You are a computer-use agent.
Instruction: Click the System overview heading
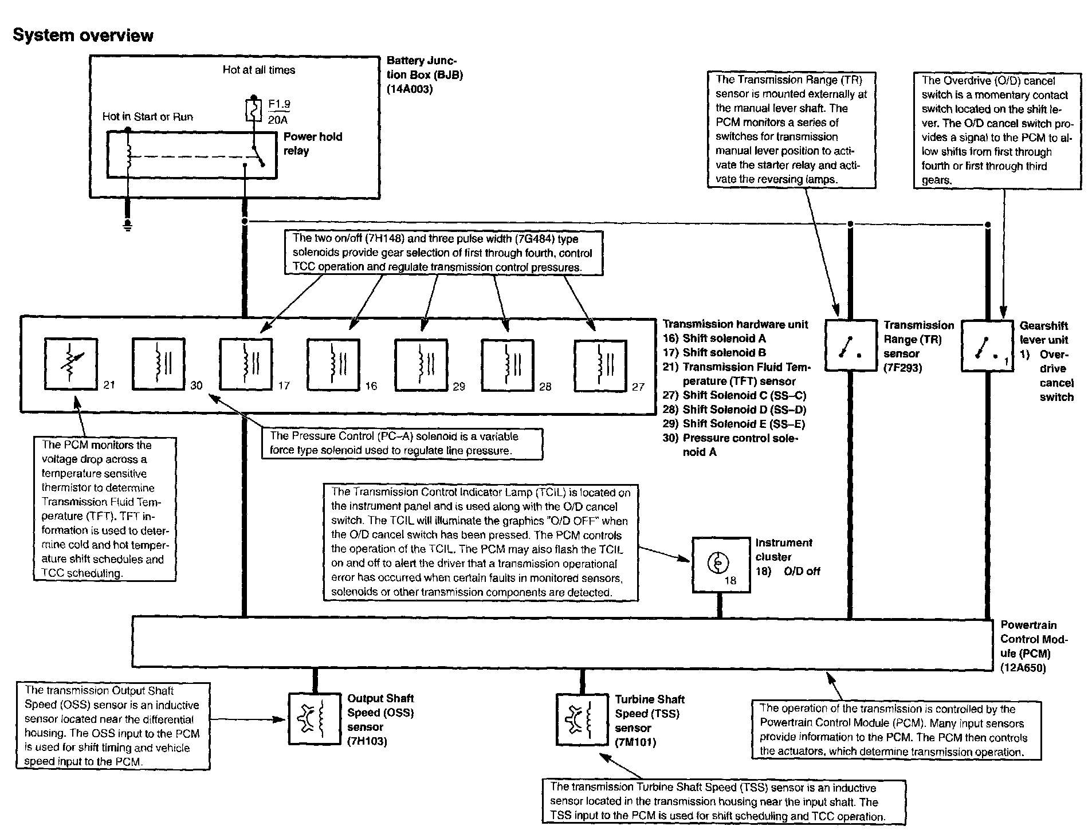[x=83, y=36]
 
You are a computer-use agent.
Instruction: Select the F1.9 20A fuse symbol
[x=253, y=111]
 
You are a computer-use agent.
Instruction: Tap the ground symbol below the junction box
[x=128, y=225]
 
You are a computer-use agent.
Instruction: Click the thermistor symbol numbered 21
[x=71, y=364]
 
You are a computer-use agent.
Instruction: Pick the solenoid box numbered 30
[x=159, y=364]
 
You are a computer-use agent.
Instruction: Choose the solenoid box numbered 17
[x=246, y=364]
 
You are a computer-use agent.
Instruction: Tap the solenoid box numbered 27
[x=600, y=365]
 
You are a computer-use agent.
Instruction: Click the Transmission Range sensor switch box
[x=850, y=345]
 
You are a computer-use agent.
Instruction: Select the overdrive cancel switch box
[x=987, y=346]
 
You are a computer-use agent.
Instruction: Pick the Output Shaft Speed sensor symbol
[x=313, y=719]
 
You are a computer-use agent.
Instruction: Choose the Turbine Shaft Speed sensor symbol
[x=582, y=719]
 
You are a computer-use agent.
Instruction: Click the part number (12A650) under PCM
[x=1023, y=668]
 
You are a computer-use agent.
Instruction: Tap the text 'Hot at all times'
[x=259, y=70]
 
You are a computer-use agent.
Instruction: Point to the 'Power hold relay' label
[x=312, y=144]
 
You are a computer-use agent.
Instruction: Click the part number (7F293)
[x=903, y=368]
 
